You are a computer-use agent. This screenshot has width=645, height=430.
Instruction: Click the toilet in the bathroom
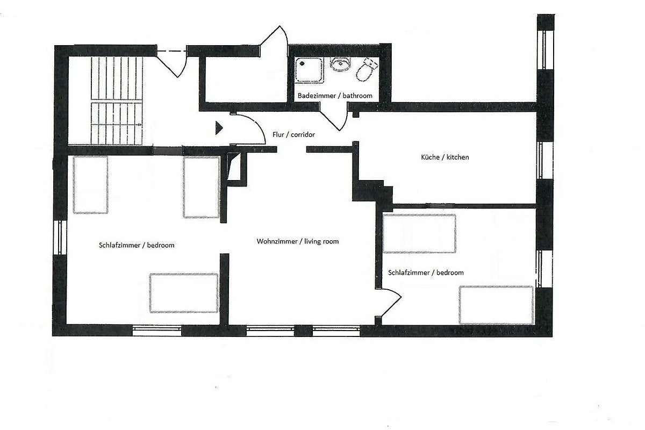pos(366,70)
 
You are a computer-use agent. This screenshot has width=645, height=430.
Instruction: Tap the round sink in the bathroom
pos(340,64)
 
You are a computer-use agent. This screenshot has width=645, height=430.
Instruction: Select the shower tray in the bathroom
pos(309,70)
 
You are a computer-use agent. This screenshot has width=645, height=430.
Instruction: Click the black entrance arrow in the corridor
pos(219,127)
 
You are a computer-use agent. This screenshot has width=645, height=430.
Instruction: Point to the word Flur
pos(278,134)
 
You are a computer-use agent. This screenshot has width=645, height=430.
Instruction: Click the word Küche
pos(430,157)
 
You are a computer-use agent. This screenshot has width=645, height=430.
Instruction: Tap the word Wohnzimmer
pos(277,241)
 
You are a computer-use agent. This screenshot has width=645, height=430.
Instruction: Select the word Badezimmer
pos(317,96)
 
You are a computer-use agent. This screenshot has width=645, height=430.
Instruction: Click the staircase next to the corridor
pos(117,101)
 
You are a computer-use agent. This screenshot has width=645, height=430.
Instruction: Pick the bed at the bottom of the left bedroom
pos(184,293)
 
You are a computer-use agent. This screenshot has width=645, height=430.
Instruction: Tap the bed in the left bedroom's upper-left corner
pos(90,185)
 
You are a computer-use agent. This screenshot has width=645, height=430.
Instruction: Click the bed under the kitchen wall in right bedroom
pos(419,234)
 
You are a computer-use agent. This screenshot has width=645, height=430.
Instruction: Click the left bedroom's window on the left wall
pos(60,238)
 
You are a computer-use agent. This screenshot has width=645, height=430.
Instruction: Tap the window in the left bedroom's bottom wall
pos(157,331)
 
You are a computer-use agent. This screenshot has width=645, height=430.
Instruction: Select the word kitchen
pos(457,157)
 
